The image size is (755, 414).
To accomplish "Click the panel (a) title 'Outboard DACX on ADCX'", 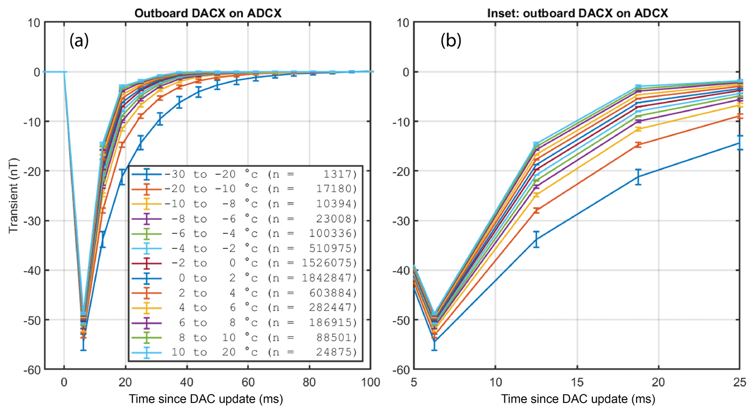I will coord(208,13).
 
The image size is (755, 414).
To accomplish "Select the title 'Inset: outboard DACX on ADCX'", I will coord(577,13).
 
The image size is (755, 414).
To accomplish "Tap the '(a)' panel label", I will coord(79,40).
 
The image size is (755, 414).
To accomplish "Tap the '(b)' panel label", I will coord(451,40).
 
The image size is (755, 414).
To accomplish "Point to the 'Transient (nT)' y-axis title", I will coord(13,195).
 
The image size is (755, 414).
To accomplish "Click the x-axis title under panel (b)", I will coord(577,399).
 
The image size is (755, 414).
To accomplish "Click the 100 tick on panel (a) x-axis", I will coord(370,382).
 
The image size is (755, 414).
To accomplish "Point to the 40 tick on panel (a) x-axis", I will coord(187,382).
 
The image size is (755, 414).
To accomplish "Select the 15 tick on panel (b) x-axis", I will coord(577,382).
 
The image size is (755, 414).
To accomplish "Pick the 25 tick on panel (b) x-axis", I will coord(740,382).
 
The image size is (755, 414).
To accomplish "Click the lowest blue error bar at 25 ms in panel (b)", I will coord(740,143).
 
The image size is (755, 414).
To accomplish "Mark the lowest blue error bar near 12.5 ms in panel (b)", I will coord(536,239).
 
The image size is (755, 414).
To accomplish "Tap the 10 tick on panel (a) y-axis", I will coord(34,23).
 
